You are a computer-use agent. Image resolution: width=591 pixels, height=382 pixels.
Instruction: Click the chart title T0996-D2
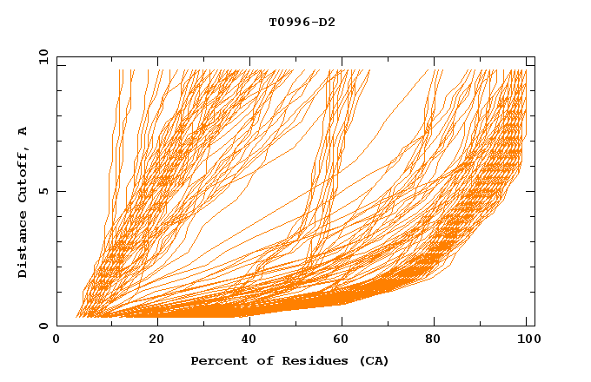302,22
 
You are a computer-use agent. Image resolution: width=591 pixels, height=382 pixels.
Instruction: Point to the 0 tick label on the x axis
56,339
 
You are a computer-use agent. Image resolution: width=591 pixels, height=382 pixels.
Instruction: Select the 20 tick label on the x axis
156,339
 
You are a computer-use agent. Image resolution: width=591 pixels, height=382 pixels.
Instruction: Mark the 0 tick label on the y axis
42,326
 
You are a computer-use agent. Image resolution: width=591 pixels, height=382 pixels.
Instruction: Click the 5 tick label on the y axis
42,191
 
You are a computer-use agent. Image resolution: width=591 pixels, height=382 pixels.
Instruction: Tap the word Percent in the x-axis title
217,360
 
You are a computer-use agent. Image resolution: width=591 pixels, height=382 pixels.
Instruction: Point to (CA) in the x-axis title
373,360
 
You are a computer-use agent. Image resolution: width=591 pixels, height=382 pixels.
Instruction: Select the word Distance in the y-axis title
23,244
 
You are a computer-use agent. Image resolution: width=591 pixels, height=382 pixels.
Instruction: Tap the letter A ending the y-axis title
23,131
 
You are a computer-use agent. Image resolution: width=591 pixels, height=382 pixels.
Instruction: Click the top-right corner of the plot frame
535,56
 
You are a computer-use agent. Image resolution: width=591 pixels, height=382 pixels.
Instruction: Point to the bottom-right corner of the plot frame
535,326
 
